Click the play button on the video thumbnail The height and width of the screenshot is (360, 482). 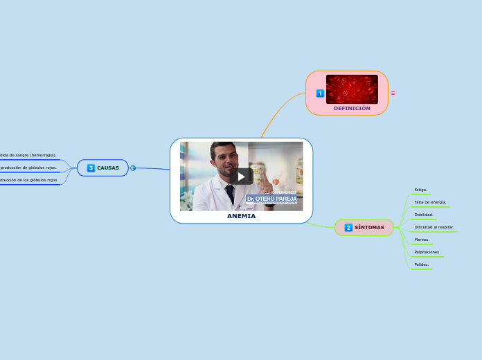[x=241, y=176]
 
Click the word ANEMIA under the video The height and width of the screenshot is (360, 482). [x=241, y=216]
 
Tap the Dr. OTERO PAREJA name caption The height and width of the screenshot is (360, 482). [x=271, y=199]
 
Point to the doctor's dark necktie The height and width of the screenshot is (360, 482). [x=229, y=195]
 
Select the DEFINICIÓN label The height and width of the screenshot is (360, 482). [x=352, y=108]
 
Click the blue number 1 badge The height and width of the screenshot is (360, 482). [x=320, y=93]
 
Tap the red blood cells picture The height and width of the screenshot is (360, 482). [x=352, y=89]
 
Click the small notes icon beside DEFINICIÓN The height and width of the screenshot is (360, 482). [x=393, y=93]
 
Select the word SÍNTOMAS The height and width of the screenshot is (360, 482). [x=369, y=227]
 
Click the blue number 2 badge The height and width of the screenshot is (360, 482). [x=348, y=227]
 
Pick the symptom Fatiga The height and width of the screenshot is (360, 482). [x=420, y=189]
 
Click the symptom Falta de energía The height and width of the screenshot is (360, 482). [x=430, y=202]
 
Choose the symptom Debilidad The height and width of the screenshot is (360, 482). [x=424, y=215]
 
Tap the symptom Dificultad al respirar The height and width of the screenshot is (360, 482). [x=434, y=227]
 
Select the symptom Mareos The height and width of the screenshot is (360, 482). [x=422, y=240]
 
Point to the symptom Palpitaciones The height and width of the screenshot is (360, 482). [x=427, y=252]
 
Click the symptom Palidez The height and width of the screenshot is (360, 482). [x=421, y=264]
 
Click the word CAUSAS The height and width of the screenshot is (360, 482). [x=107, y=168]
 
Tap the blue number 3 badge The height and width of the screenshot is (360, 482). [x=91, y=168]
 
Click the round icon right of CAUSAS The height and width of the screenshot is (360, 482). [x=133, y=168]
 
